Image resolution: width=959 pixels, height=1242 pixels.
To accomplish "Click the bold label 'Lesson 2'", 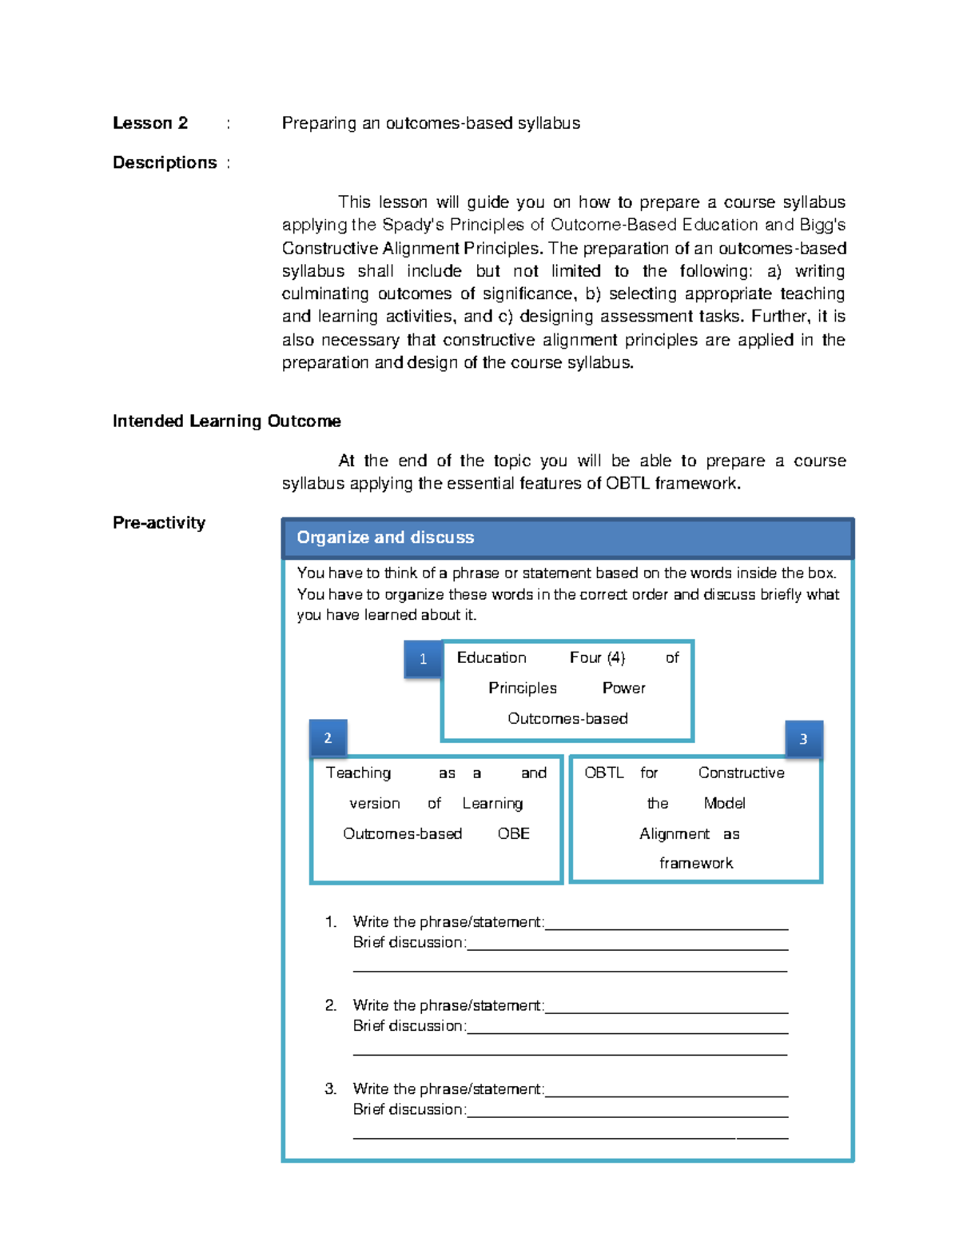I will point(150,123).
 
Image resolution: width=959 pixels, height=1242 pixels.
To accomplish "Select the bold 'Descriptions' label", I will point(165,163).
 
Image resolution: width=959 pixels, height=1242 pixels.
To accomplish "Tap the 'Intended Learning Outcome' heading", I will point(227,421).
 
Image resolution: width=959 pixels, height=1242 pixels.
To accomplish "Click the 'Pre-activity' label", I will point(159,523).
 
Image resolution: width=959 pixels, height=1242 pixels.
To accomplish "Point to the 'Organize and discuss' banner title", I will point(385,537).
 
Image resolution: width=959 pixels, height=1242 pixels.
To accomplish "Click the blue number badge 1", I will point(423,659).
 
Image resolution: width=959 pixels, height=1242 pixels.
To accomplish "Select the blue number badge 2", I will point(328,738).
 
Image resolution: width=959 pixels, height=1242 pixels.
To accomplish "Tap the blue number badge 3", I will point(803,739).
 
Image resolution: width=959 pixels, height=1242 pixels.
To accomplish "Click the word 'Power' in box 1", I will point(623,688).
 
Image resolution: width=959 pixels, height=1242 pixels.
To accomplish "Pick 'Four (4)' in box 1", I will point(597,657).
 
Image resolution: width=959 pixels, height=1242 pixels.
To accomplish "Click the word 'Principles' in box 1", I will point(523,688).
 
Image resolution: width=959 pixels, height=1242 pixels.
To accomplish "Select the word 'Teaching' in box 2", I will point(358,773).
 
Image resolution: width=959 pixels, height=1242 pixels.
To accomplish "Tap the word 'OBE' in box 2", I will point(513,833).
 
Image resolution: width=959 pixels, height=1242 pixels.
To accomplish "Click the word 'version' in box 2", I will point(374,803).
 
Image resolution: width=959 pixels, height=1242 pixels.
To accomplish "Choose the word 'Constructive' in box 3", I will point(741,773).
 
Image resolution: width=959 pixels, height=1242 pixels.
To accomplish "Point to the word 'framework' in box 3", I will point(695,863).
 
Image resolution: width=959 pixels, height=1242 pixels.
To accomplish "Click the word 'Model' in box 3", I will point(724,803).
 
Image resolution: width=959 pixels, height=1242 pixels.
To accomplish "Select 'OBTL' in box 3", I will point(603,773).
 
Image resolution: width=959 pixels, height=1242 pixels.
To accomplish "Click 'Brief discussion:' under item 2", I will point(409,1026).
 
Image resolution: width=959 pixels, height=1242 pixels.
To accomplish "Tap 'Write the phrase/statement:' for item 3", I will point(448,1089).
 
